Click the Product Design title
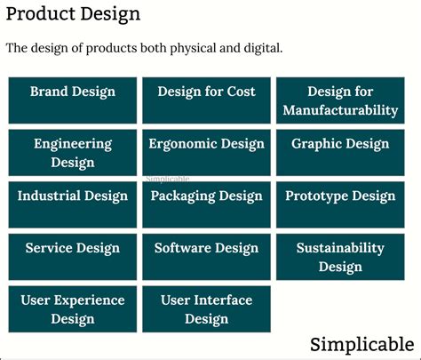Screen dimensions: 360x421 coord(73,15)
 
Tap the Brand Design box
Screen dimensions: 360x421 coord(73,100)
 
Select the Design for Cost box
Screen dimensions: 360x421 coord(206,100)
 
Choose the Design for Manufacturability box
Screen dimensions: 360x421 coord(340,100)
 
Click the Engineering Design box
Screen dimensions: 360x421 coord(73,152)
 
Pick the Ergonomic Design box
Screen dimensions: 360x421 coord(206,152)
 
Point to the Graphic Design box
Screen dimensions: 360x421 coord(340,152)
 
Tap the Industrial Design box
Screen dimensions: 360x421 coord(73,204)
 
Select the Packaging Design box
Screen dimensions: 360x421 coord(206,204)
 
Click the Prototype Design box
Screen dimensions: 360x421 coord(340,204)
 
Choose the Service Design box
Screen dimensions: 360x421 coord(73,257)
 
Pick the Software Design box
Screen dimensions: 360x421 coord(206,257)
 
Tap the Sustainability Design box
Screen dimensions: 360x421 coord(340,257)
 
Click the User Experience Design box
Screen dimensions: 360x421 coord(73,308)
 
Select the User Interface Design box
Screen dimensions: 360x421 coord(206,308)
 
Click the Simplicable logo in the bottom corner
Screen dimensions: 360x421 coord(361,344)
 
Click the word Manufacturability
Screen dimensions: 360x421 coord(340,110)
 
